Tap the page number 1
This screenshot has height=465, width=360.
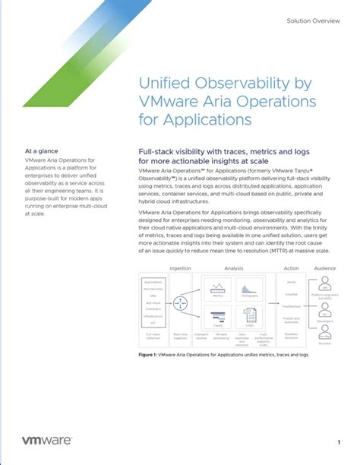point(338,441)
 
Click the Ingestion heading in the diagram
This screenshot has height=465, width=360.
point(180,268)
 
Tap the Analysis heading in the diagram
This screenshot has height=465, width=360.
point(233,268)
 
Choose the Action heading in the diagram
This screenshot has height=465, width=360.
point(291,268)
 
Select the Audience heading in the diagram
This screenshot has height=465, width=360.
point(325,268)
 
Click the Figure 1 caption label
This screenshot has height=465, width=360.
point(150,355)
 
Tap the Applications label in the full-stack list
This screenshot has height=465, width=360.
point(153,282)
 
